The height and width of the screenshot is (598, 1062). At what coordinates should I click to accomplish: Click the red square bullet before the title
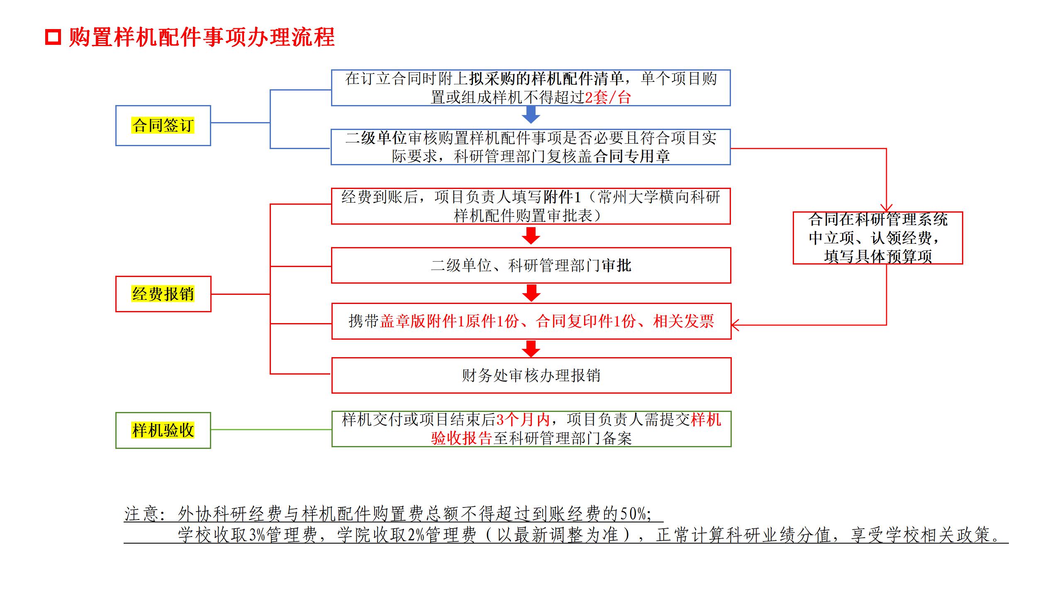[x=53, y=37]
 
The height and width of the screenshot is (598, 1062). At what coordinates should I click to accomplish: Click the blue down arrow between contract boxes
[x=531, y=115]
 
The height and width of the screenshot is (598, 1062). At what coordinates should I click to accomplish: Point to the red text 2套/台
[x=608, y=98]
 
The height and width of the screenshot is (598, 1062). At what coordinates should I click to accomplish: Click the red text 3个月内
[x=523, y=419]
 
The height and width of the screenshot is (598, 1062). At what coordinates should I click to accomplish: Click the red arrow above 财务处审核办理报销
[x=531, y=348]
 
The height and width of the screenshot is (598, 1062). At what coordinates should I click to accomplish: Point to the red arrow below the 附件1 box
[x=531, y=236]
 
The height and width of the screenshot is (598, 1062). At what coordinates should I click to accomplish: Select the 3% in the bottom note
[x=257, y=534]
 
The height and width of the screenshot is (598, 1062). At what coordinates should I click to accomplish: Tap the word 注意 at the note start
[x=141, y=514]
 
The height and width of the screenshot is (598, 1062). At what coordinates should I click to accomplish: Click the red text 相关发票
[x=684, y=321]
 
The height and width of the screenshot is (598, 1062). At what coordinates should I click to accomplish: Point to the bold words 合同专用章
[x=632, y=156]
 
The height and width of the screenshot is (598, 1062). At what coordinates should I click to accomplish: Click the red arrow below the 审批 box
[x=531, y=293]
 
